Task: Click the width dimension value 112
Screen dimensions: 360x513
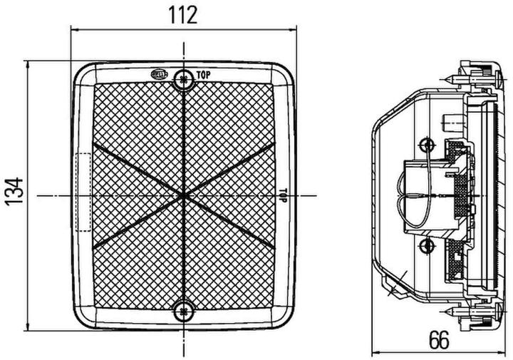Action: [x=182, y=14]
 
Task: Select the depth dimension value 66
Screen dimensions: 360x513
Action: [x=440, y=341]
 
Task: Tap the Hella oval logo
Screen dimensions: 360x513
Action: [x=161, y=73]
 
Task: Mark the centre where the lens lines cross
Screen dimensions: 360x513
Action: [x=184, y=195]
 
